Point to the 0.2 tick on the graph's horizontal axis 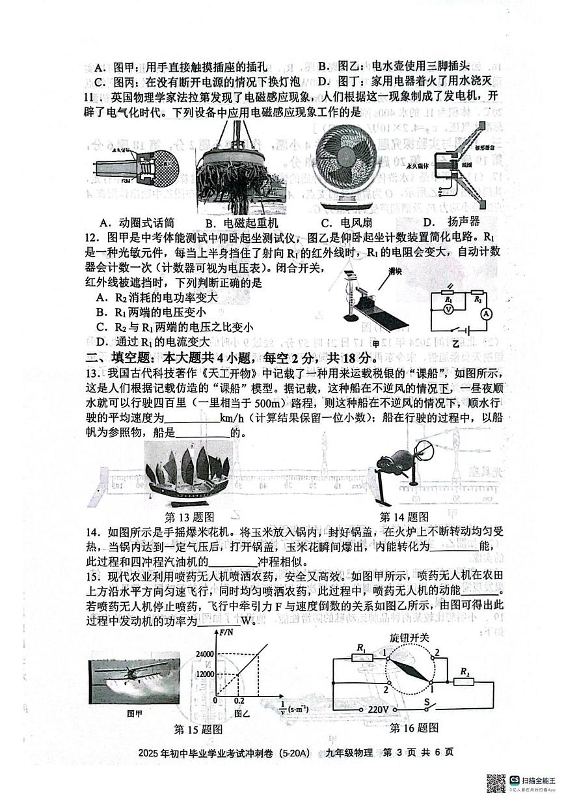(x=239, y=702)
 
